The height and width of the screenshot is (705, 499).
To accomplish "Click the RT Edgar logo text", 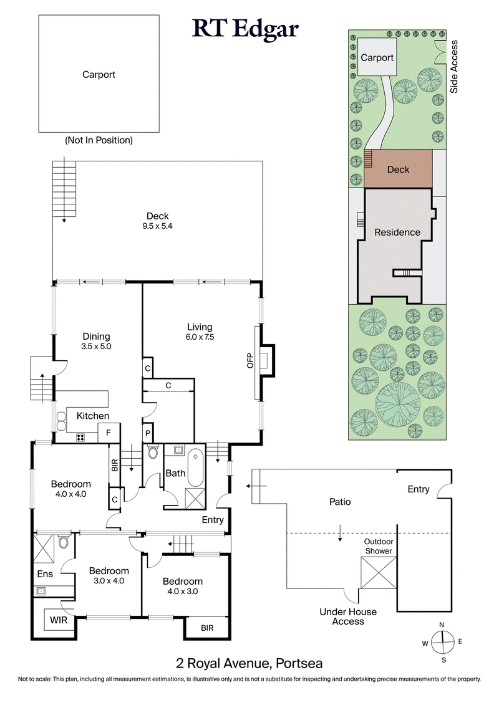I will (245, 29).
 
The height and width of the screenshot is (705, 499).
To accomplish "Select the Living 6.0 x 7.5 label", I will (200, 332).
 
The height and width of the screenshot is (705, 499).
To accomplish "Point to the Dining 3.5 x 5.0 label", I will (95, 341).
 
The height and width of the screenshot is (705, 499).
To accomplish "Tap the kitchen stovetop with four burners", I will (80, 437).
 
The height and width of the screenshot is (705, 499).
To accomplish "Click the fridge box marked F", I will (108, 432).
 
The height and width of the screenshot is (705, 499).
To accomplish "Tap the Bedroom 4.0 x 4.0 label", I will (70, 489).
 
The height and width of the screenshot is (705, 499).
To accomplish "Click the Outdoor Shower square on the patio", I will (379, 572).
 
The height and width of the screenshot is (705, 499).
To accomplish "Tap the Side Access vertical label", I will (455, 66).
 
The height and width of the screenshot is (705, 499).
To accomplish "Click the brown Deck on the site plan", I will (399, 169).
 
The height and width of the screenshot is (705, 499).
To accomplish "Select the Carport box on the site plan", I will (377, 57).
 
